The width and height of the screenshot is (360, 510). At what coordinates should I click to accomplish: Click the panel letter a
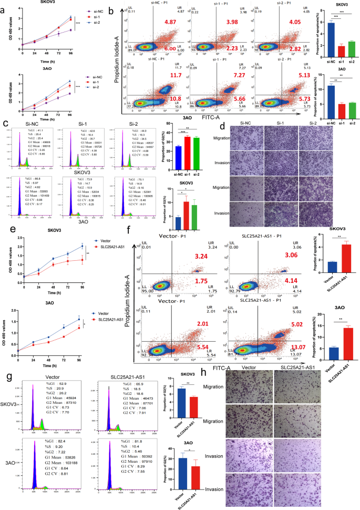click(4, 5)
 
